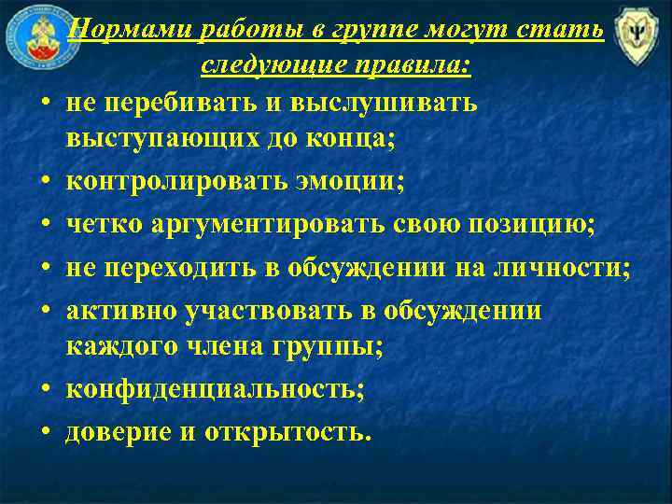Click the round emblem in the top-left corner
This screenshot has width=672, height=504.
pyautogui.click(x=33, y=35)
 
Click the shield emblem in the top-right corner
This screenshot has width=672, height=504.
pyautogui.click(x=639, y=38)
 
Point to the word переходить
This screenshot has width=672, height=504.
pyautogui.click(x=192, y=268)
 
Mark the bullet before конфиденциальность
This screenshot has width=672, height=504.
pyautogui.click(x=45, y=390)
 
